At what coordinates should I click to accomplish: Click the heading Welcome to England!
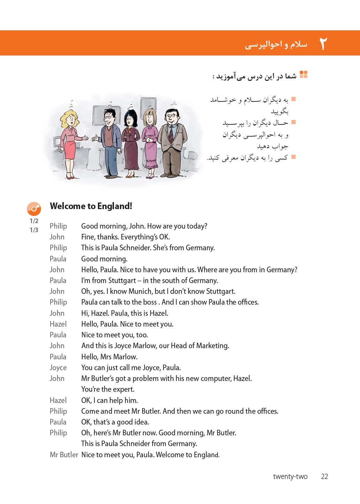[x=91, y=206]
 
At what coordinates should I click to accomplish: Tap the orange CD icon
[x=34, y=209]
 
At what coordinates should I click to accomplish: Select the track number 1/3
[x=34, y=230]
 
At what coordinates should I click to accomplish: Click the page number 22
[x=324, y=476]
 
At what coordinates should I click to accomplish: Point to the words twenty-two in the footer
[x=290, y=476]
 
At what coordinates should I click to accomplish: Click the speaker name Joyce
[x=58, y=368]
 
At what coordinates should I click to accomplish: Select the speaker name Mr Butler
[x=64, y=455]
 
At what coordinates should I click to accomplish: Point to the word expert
[x=123, y=389]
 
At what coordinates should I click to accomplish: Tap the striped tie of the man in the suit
[x=171, y=134]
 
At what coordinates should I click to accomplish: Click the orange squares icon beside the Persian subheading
[x=304, y=75]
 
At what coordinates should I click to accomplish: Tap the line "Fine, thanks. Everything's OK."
[x=125, y=237]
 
